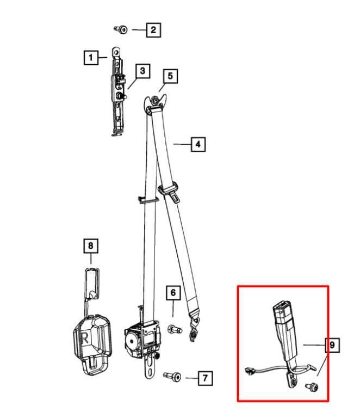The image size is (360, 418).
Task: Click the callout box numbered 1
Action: pyautogui.click(x=91, y=57)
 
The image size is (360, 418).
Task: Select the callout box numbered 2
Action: pyautogui.click(x=153, y=29)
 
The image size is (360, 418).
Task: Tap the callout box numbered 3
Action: pyautogui.click(x=142, y=71)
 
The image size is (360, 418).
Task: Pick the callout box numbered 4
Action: pyautogui.click(x=198, y=144)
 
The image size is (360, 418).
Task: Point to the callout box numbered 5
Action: pyautogui.click(x=170, y=76)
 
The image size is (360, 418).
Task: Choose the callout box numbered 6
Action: pyautogui.click(x=173, y=292)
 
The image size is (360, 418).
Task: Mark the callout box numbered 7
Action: pyautogui.click(x=205, y=378)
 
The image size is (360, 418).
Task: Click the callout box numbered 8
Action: pyautogui.click(x=90, y=245)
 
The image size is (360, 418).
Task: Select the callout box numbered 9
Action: pyautogui.click(x=332, y=345)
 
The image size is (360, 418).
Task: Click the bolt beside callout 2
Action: pyautogui.click(x=121, y=29)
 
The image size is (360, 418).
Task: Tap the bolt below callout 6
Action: pyautogui.click(x=175, y=329)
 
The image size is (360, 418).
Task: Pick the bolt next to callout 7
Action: pyautogui.click(x=172, y=377)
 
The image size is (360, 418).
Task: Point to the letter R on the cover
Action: pyautogui.click(x=85, y=339)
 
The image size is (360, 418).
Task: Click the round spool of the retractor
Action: pyautogui.click(x=132, y=341)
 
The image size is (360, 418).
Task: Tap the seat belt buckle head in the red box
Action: pyautogui.click(x=283, y=312)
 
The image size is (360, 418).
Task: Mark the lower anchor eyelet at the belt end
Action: pyautogui.click(x=194, y=328)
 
